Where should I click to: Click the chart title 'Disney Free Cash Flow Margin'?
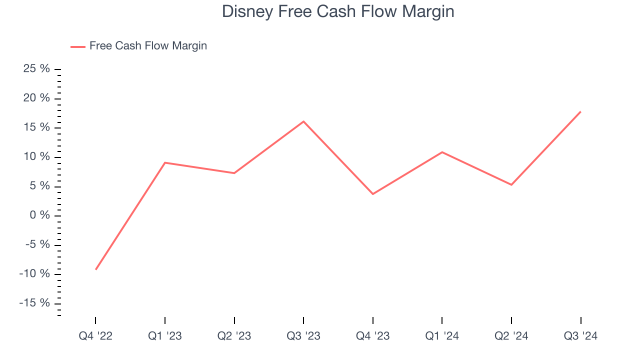click(338, 11)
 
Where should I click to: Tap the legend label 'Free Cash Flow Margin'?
click(148, 46)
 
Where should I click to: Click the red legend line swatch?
click(78, 46)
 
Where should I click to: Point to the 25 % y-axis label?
click(37, 69)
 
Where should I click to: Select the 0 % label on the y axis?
click(40, 215)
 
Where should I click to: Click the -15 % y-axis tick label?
click(34, 303)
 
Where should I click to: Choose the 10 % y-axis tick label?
click(37, 157)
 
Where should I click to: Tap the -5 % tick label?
click(37, 245)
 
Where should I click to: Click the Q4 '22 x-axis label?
click(95, 336)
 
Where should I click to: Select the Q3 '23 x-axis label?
click(303, 336)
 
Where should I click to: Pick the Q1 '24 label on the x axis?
click(442, 336)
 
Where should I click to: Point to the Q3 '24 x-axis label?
click(580, 336)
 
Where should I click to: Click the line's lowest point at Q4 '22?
click(95, 269)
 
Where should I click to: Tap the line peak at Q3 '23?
click(303, 121)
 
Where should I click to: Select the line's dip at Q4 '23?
click(373, 194)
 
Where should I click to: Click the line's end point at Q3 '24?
click(580, 111)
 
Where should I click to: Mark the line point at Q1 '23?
click(165, 162)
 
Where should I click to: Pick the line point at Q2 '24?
click(511, 185)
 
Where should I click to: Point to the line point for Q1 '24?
click(442, 152)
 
